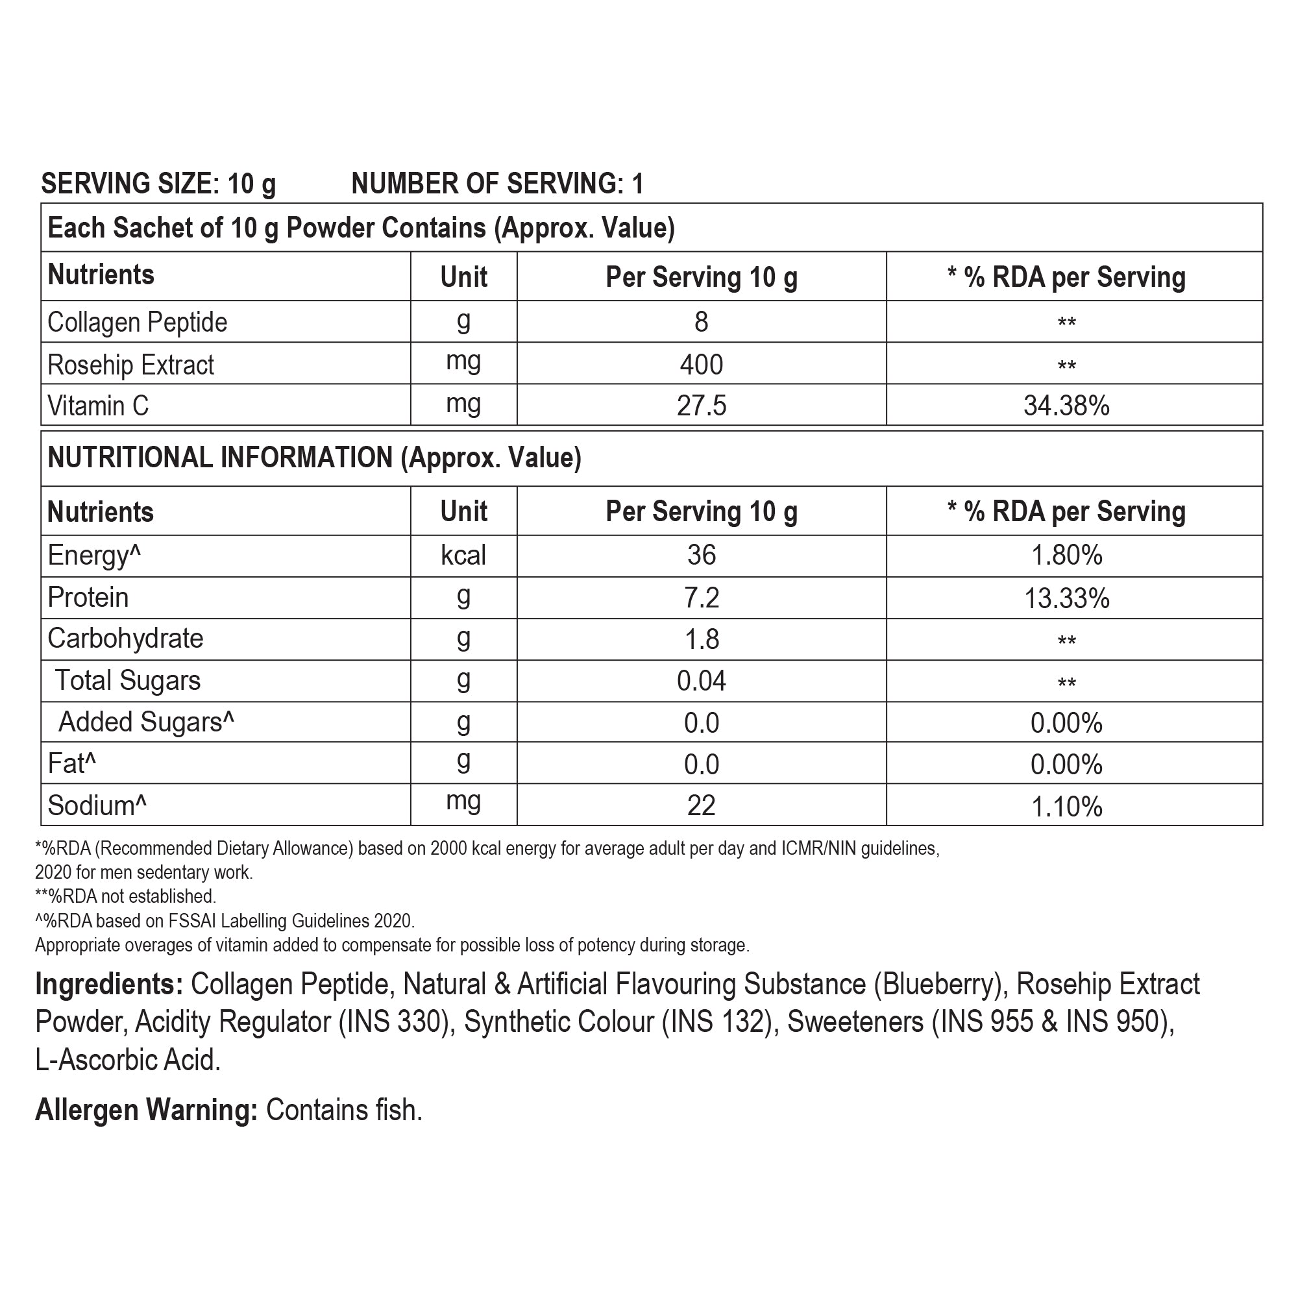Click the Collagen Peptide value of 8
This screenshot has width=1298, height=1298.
click(701, 323)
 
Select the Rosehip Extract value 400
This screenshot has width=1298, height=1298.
click(701, 365)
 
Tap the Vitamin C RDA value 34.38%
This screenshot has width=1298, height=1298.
click(1066, 406)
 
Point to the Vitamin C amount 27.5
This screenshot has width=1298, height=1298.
click(701, 406)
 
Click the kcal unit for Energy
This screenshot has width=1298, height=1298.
click(463, 556)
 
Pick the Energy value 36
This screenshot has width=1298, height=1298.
click(701, 556)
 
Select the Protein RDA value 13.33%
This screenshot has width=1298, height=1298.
click(1066, 598)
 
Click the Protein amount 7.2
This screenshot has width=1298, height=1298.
click(701, 598)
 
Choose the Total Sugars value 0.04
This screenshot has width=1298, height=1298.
click(701, 681)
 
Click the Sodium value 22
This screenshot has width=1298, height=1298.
click(701, 805)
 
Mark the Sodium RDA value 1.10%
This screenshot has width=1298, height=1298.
click(1066, 806)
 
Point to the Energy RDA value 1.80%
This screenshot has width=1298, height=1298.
click(1066, 556)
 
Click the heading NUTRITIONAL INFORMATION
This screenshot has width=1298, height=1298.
click(221, 458)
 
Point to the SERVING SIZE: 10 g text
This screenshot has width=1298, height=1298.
click(158, 184)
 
